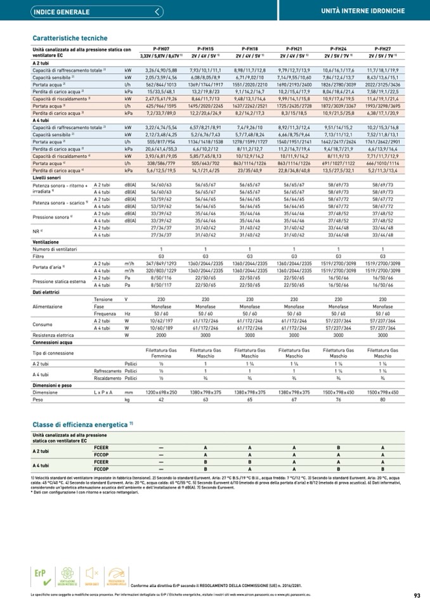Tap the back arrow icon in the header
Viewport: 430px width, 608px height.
click(x=157, y=12)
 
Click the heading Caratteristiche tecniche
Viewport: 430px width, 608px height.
click(x=70, y=38)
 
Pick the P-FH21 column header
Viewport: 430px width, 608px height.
click(x=294, y=48)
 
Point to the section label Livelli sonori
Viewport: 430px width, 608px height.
click(x=50, y=178)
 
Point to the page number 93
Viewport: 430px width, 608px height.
click(x=417, y=595)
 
